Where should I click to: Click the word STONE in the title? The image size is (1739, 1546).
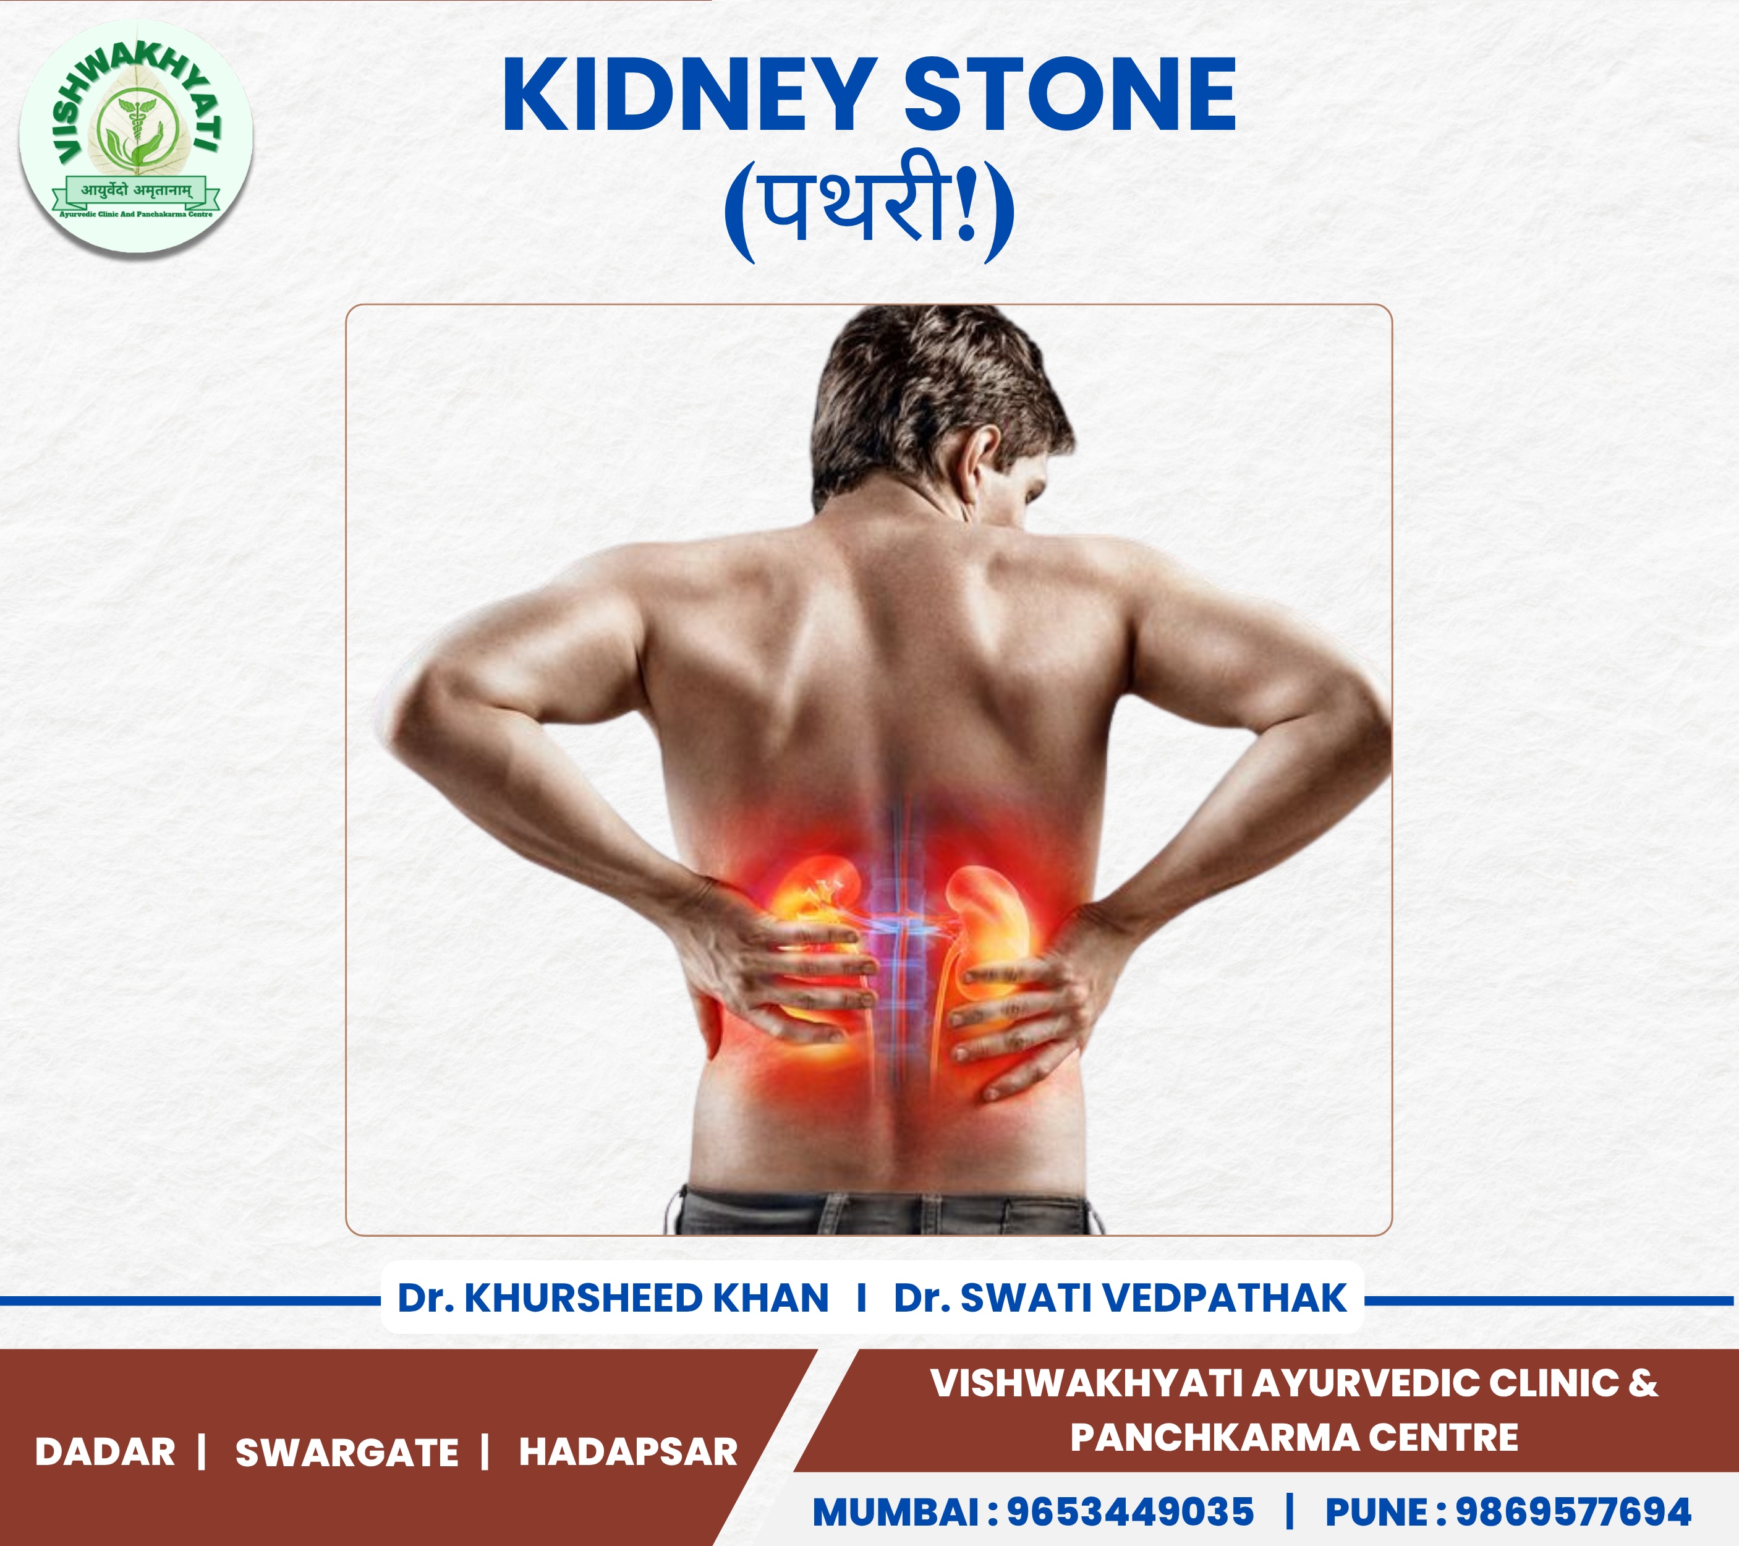1069,95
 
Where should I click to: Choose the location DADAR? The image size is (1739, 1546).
106,1451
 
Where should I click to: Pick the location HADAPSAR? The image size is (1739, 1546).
629,1451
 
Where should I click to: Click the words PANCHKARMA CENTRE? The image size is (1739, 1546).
1294,1437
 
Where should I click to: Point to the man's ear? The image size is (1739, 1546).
980,467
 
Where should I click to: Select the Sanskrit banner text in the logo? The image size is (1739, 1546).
136,190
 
